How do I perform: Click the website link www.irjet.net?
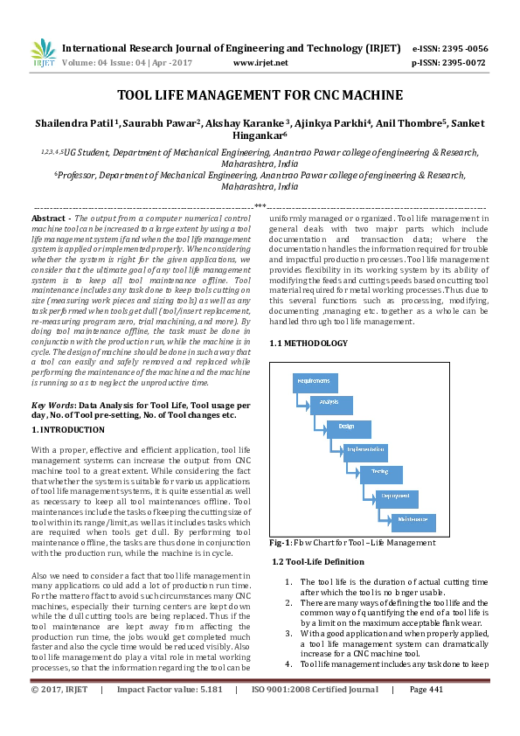click(260, 63)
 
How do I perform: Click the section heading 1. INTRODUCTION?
click(68, 430)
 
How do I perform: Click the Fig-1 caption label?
click(282, 543)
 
